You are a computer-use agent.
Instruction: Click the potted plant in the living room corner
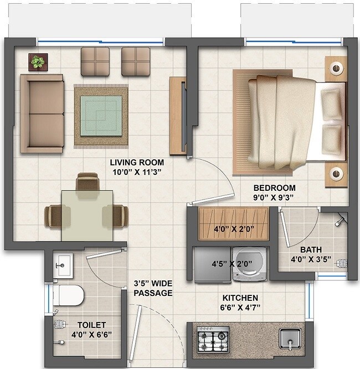[x=38, y=61]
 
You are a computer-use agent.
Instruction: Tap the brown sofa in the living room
[x=42, y=113]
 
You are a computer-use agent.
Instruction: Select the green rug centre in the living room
[x=101, y=115]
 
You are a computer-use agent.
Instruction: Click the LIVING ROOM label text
[x=137, y=162]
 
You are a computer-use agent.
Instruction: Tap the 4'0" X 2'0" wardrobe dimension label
[x=233, y=228]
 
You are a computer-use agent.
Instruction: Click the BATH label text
[x=310, y=249]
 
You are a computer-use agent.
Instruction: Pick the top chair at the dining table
[x=86, y=181]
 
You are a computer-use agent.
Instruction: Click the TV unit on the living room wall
[x=178, y=115]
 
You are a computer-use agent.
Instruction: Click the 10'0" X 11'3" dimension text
[x=137, y=171]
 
